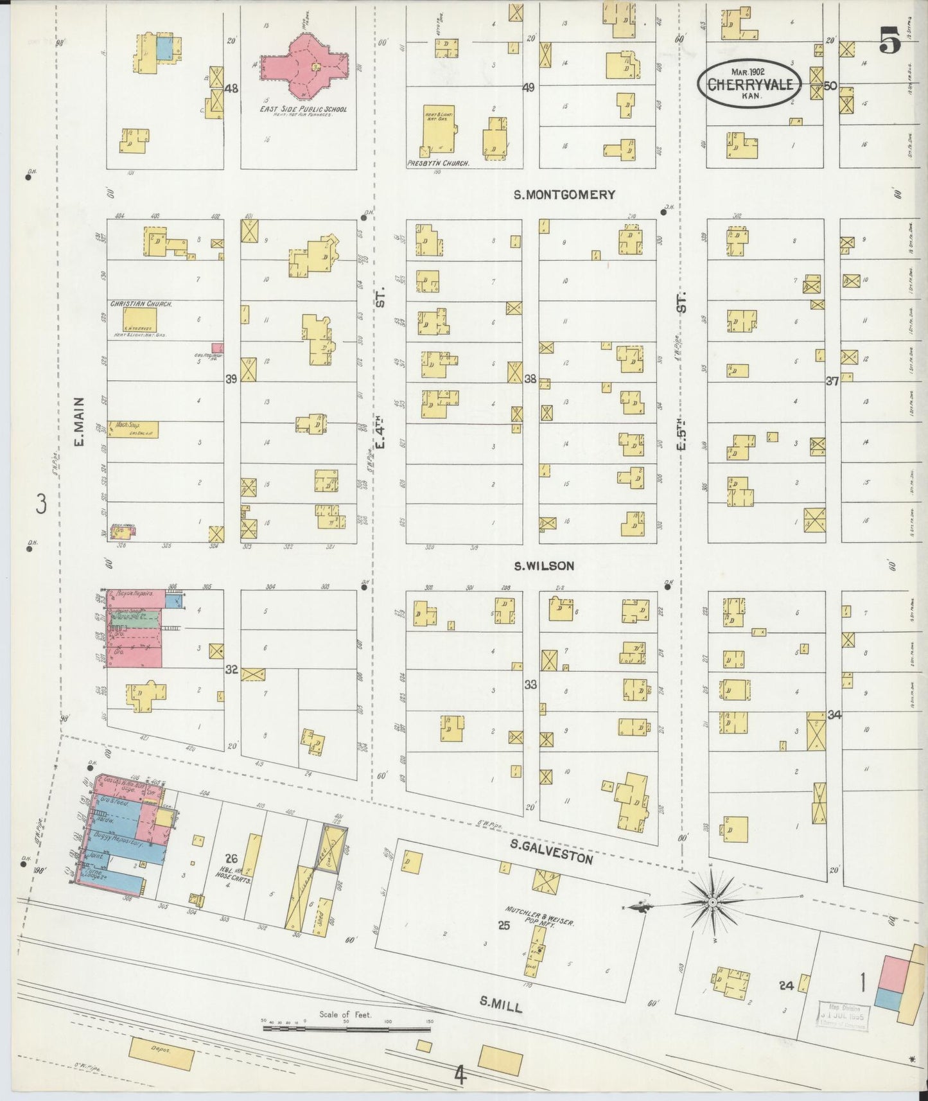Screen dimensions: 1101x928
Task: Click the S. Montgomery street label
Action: point(565,195)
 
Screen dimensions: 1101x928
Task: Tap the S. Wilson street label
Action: point(544,566)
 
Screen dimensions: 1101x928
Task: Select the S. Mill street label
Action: point(501,1004)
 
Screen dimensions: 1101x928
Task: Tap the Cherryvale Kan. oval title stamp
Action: point(750,83)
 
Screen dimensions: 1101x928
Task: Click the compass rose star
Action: point(713,903)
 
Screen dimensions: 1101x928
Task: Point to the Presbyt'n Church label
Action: point(438,164)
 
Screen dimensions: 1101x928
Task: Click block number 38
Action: point(530,380)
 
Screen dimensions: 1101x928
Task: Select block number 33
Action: point(530,685)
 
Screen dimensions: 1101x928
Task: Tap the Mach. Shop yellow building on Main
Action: point(133,429)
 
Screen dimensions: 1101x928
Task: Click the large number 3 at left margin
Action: point(41,504)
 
